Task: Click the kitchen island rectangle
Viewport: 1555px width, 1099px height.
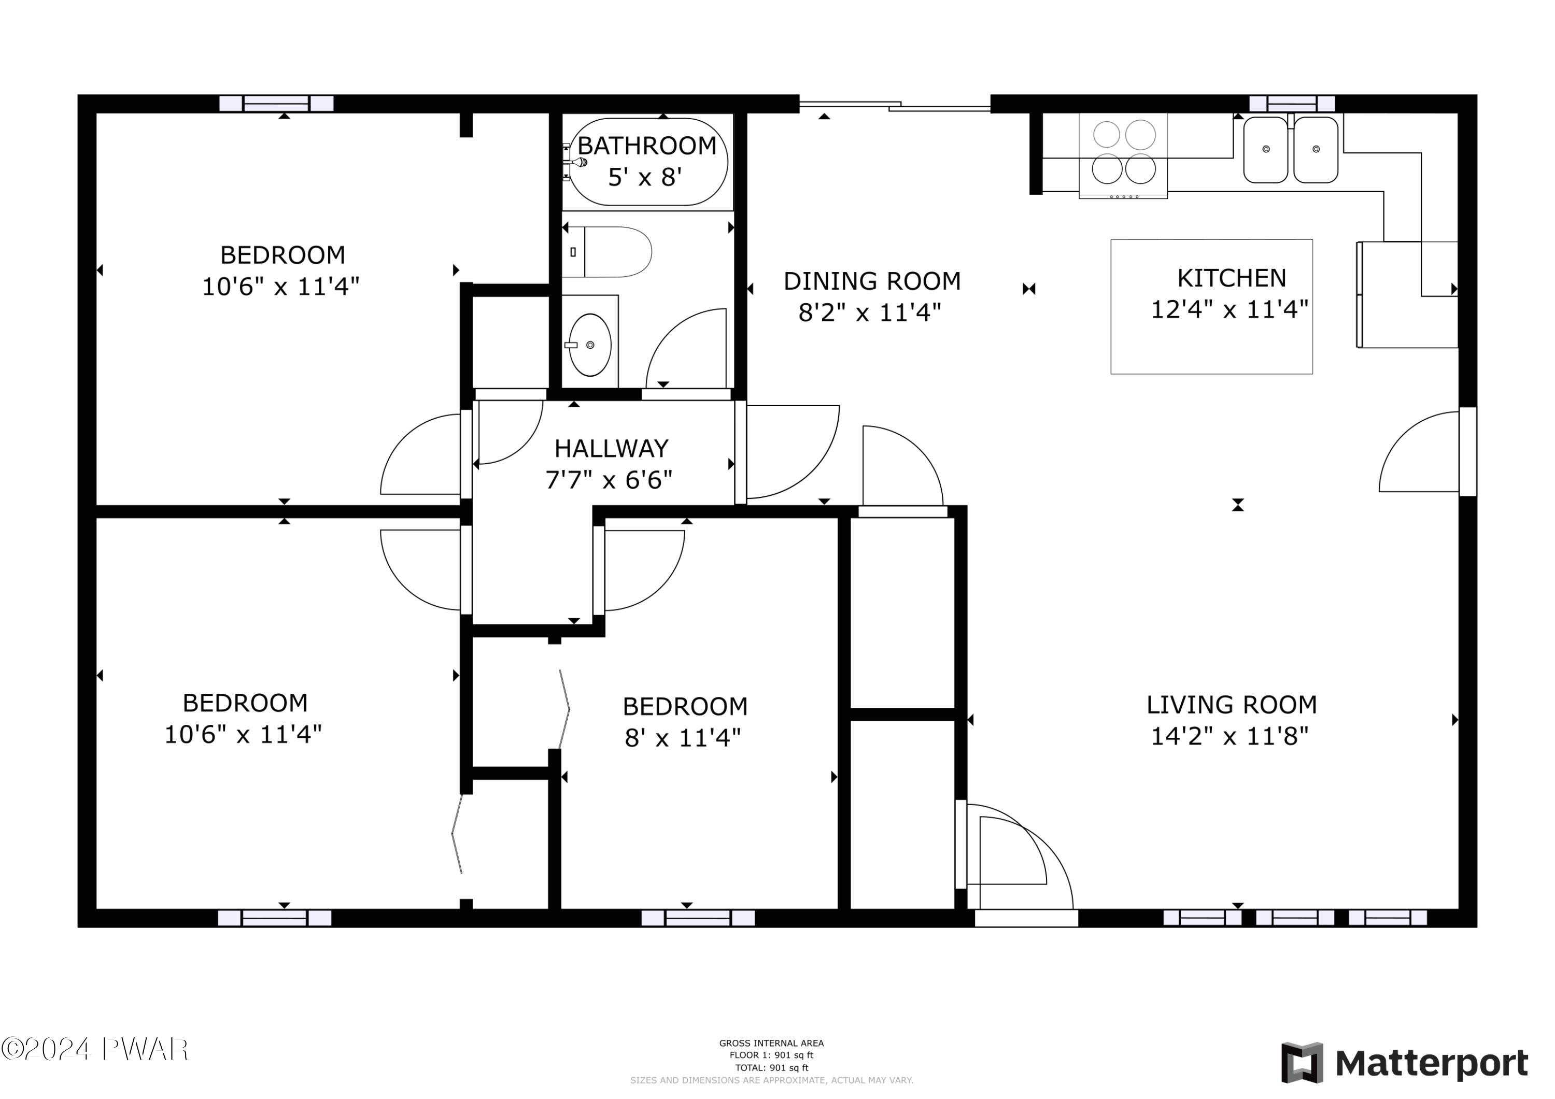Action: [x=1212, y=307]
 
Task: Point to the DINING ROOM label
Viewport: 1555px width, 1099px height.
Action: [x=872, y=281]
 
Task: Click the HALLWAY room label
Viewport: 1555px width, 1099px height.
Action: [x=612, y=448]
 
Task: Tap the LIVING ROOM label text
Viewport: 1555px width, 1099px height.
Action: [x=1231, y=705]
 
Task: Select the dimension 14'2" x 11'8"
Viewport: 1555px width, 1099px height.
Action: [x=1230, y=736]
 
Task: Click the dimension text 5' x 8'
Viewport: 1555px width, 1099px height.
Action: [x=645, y=177]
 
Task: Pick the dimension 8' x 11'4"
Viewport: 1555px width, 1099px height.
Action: [x=683, y=737]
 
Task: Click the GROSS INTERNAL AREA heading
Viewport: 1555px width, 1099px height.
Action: [x=771, y=1044]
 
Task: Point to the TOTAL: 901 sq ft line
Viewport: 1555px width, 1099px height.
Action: [x=771, y=1068]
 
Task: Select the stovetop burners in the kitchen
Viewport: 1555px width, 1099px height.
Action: [x=1124, y=152]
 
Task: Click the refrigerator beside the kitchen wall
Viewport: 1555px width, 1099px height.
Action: [x=1407, y=294]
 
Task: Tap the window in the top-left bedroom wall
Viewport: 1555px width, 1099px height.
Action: [x=276, y=104]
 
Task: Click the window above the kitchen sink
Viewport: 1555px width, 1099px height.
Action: [x=1292, y=104]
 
